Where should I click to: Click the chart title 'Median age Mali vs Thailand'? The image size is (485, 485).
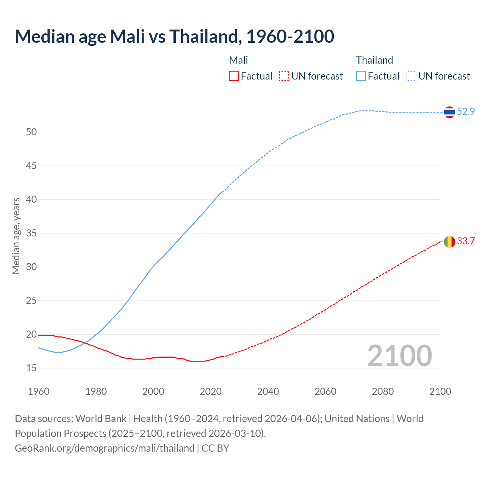(x=174, y=36)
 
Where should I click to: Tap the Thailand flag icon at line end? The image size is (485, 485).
(x=449, y=112)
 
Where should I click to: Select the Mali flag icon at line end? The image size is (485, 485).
(x=449, y=242)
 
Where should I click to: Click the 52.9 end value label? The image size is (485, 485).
(x=466, y=111)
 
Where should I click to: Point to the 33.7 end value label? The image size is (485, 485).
(x=466, y=241)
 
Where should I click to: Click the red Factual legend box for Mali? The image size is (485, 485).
(x=234, y=76)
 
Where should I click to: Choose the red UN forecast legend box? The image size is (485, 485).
(x=284, y=76)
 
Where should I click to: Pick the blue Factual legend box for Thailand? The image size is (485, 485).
(x=361, y=76)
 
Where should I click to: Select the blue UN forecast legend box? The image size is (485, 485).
(x=411, y=76)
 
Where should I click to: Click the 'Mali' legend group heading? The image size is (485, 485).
(x=238, y=60)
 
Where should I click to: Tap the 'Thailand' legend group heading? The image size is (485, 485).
(x=374, y=60)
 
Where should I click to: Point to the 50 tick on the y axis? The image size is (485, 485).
(x=31, y=132)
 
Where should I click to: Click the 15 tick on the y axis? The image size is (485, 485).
(x=31, y=368)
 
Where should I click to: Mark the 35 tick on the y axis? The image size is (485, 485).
(x=31, y=233)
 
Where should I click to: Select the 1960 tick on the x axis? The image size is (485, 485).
(x=39, y=391)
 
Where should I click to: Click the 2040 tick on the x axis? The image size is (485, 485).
(x=268, y=391)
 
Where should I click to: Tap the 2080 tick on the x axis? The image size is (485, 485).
(x=383, y=391)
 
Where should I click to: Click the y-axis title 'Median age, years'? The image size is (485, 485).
(x=16, y=236)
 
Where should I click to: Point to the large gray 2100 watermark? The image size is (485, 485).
(x=399, y=355)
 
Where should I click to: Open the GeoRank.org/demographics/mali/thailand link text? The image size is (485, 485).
(x=105, y=448)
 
